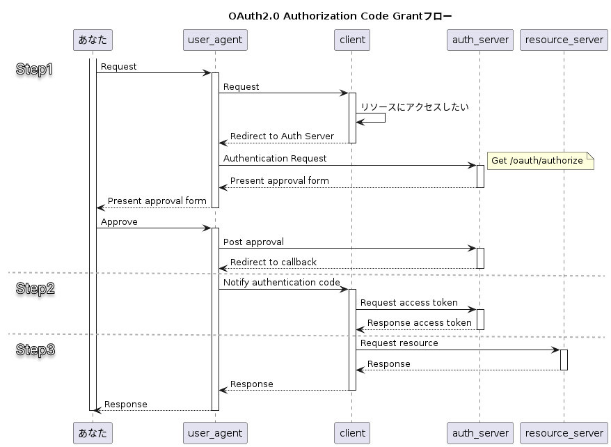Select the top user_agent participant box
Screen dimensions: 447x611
215,40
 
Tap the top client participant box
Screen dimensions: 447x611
351,40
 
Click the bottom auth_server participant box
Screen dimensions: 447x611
479,432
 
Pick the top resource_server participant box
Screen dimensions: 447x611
564,40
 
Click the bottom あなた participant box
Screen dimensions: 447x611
93,432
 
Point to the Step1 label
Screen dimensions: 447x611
35,70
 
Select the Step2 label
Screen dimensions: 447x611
35,289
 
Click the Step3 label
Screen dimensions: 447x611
35,350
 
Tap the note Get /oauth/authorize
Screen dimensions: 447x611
537,161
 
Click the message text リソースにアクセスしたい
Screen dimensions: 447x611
414,107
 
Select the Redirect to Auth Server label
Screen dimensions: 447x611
282,136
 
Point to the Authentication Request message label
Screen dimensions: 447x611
275,159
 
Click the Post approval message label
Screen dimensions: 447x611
253,242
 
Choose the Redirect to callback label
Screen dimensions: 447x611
273,262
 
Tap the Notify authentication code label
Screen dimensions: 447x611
282,283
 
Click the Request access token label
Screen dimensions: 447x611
409,303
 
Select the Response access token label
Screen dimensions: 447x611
420,323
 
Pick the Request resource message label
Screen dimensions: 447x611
399,343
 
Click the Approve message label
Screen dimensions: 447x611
119,222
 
